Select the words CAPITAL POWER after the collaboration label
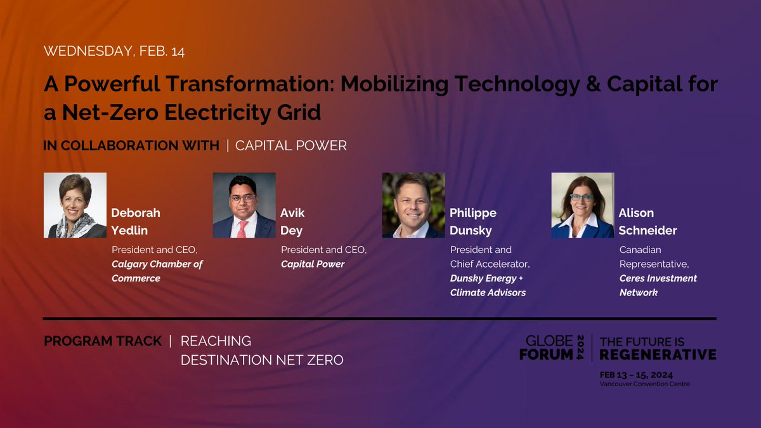(x=290, y=146)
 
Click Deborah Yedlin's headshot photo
(x=75, y=205)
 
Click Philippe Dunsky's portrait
(x=413, y=205)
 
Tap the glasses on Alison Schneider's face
(x=582, y=198)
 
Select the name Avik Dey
(x=294, y=221)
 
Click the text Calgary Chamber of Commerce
(x=157, y=271)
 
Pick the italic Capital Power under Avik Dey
(x=312, y=264)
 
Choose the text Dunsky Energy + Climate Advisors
(x=488, y=285)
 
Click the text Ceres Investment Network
(x=658, y=285)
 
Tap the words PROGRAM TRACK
(x=103, y=341)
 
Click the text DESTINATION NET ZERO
(x=262, y=360)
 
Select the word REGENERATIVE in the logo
(x=658, y=354)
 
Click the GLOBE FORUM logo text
(x=546, y=348)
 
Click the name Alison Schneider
(x=647, y=221)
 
